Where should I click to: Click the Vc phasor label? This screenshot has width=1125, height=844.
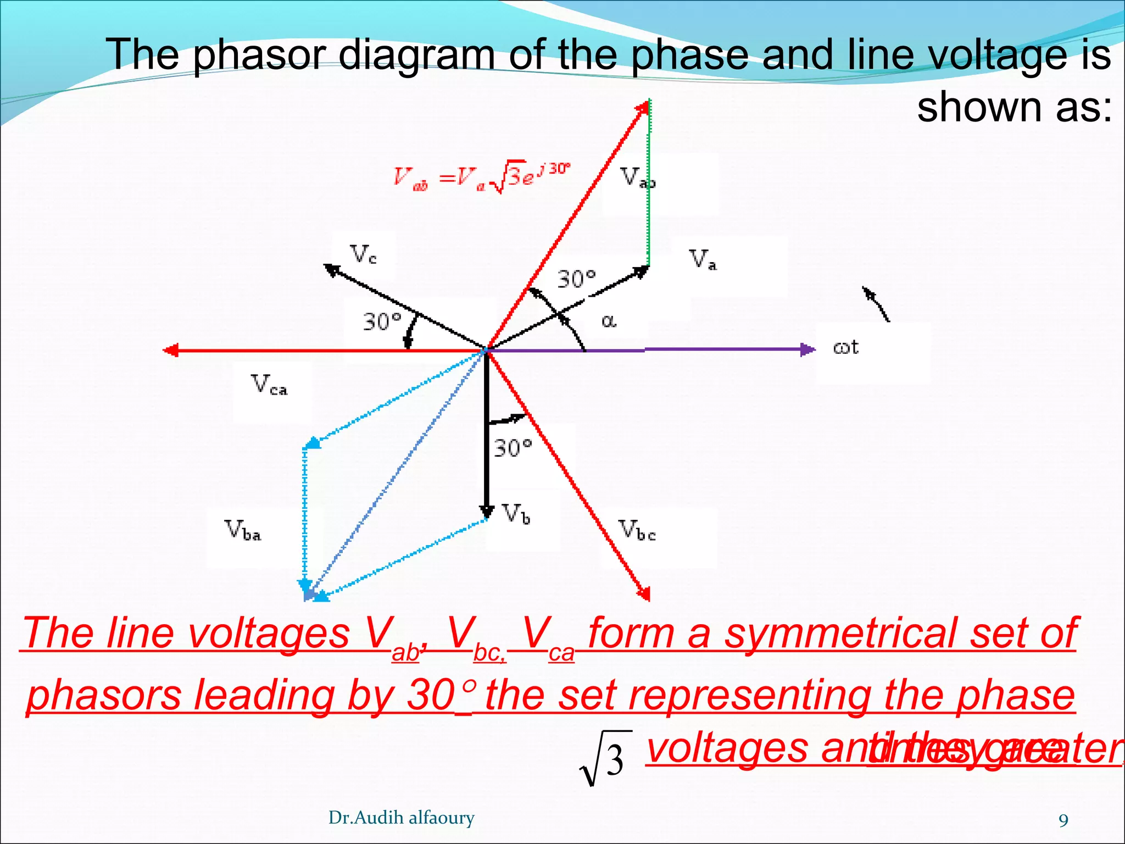(363, 254)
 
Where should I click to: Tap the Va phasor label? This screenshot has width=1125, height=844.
(703, 259)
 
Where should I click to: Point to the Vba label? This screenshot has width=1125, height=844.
(242, 530)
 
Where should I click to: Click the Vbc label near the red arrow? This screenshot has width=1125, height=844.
(637, 530)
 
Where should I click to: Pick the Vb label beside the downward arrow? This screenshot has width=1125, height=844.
(516, 514)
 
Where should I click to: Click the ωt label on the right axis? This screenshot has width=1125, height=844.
(845, 347)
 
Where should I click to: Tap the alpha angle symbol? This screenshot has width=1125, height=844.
(609, 320)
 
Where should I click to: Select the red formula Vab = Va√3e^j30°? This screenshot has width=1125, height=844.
(482, 177)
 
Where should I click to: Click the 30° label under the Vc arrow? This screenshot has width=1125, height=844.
(382, 321)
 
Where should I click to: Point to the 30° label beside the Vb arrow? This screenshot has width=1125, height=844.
(513, 448)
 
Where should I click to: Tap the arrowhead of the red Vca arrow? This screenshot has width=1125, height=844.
(171, 350)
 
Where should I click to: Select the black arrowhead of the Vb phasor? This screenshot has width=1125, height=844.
(486, 511)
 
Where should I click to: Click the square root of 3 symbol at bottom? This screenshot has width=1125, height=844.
(604, 759)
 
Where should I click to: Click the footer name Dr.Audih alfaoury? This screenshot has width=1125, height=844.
(401, 818)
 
